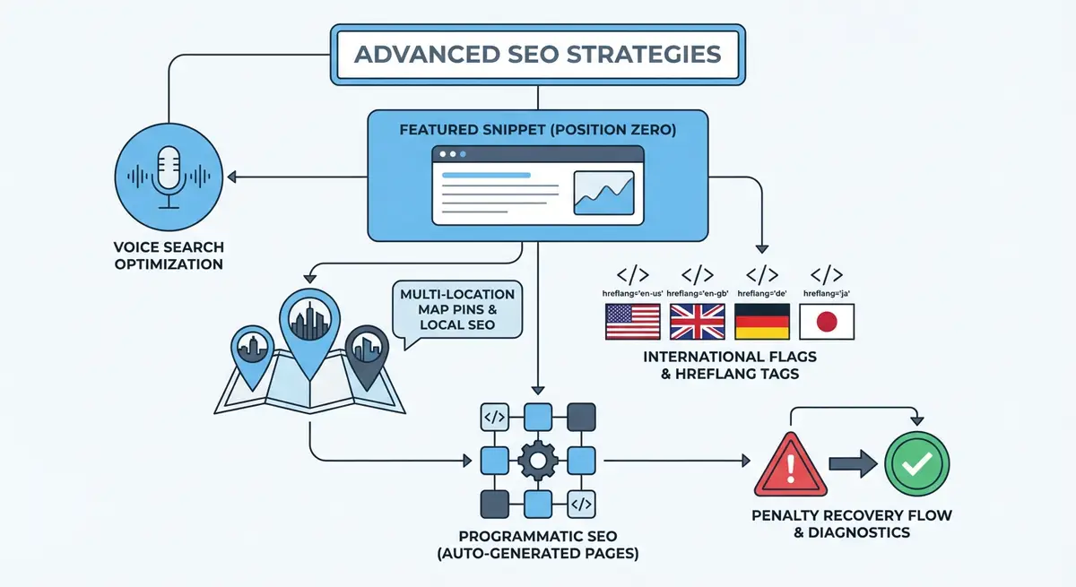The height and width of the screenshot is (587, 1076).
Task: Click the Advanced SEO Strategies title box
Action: click(537, 54)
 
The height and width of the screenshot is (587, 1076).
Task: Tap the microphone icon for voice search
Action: click(170, 177)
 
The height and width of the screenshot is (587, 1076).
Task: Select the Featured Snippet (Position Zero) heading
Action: click(538, 129)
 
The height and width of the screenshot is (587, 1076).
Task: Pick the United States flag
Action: click(633, 321)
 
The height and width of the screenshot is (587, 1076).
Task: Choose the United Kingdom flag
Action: click(698, 321)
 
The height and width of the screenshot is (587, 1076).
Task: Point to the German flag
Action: click(762, 321)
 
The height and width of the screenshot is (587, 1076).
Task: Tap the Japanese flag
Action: click(827, 321)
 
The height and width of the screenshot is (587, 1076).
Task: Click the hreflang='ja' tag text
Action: click(827, 293)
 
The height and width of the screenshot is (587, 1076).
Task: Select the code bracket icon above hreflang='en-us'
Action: click(633, 274)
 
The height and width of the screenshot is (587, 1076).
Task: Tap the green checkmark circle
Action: click(916, 464)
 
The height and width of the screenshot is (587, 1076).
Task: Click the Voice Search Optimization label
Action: click(169, 255)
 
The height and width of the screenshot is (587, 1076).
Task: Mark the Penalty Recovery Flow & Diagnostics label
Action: click(852, 524)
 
